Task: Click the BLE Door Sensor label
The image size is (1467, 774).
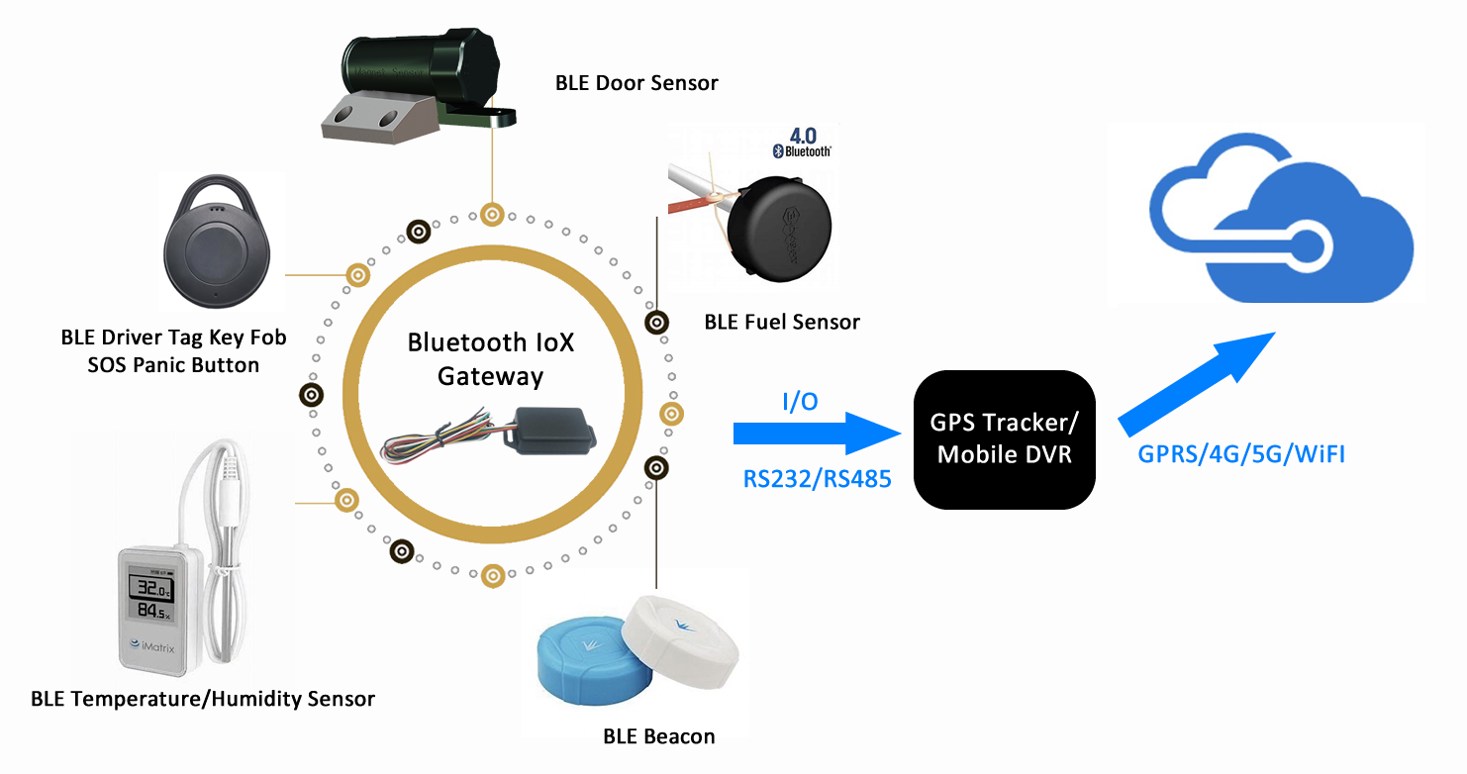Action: (x=636, y=83)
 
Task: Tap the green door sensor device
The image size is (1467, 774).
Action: (x=416, y=79)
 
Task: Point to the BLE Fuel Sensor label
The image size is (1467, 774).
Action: (x=781, y=322)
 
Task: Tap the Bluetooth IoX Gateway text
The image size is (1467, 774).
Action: (x=491, y=359)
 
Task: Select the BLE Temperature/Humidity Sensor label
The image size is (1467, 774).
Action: (x=203, y=700)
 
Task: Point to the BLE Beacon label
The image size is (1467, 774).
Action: (x=658, y=736)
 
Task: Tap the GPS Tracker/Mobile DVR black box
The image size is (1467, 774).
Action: (x=1004, y=439)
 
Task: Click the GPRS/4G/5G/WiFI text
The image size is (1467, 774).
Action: (x=1240, y=455)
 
